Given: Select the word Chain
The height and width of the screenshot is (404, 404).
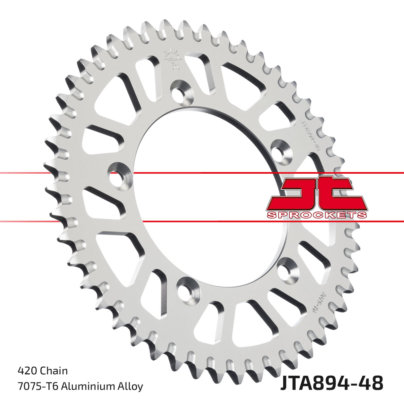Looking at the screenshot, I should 54,371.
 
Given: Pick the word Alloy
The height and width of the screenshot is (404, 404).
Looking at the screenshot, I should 131,386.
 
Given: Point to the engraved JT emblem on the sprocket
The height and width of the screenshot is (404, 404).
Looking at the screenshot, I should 171,60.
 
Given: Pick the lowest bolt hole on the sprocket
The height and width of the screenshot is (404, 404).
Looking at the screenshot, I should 184,288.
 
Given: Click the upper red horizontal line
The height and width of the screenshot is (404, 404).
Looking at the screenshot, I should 202,173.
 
